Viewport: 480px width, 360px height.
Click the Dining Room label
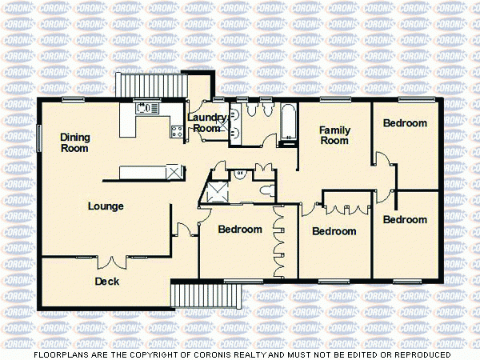click(x=74, y=142)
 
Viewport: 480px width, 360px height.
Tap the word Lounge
click(x=106, y=206)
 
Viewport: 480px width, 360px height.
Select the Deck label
click(x=107, y=281)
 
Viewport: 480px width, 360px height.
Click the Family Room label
click(x=334, y=134)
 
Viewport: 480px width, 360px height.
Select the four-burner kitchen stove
click(x=177, y=130)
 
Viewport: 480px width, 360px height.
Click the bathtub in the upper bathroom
click(x=287, y=124)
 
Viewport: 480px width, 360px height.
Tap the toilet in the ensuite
click(x=267, y=190)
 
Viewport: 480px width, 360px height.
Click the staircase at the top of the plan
click(x=129, y=84)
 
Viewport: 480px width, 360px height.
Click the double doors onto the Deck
click(x=111, y=261)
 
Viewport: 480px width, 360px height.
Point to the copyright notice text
click(x=240, y=354)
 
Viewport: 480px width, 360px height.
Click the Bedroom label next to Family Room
click(x=404, y=123)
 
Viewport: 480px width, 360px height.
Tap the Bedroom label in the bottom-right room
click(x=404, y=219)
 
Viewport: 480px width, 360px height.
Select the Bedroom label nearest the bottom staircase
click(x=240, y=230)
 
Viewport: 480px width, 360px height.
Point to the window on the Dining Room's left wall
click(x=38, y=137)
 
